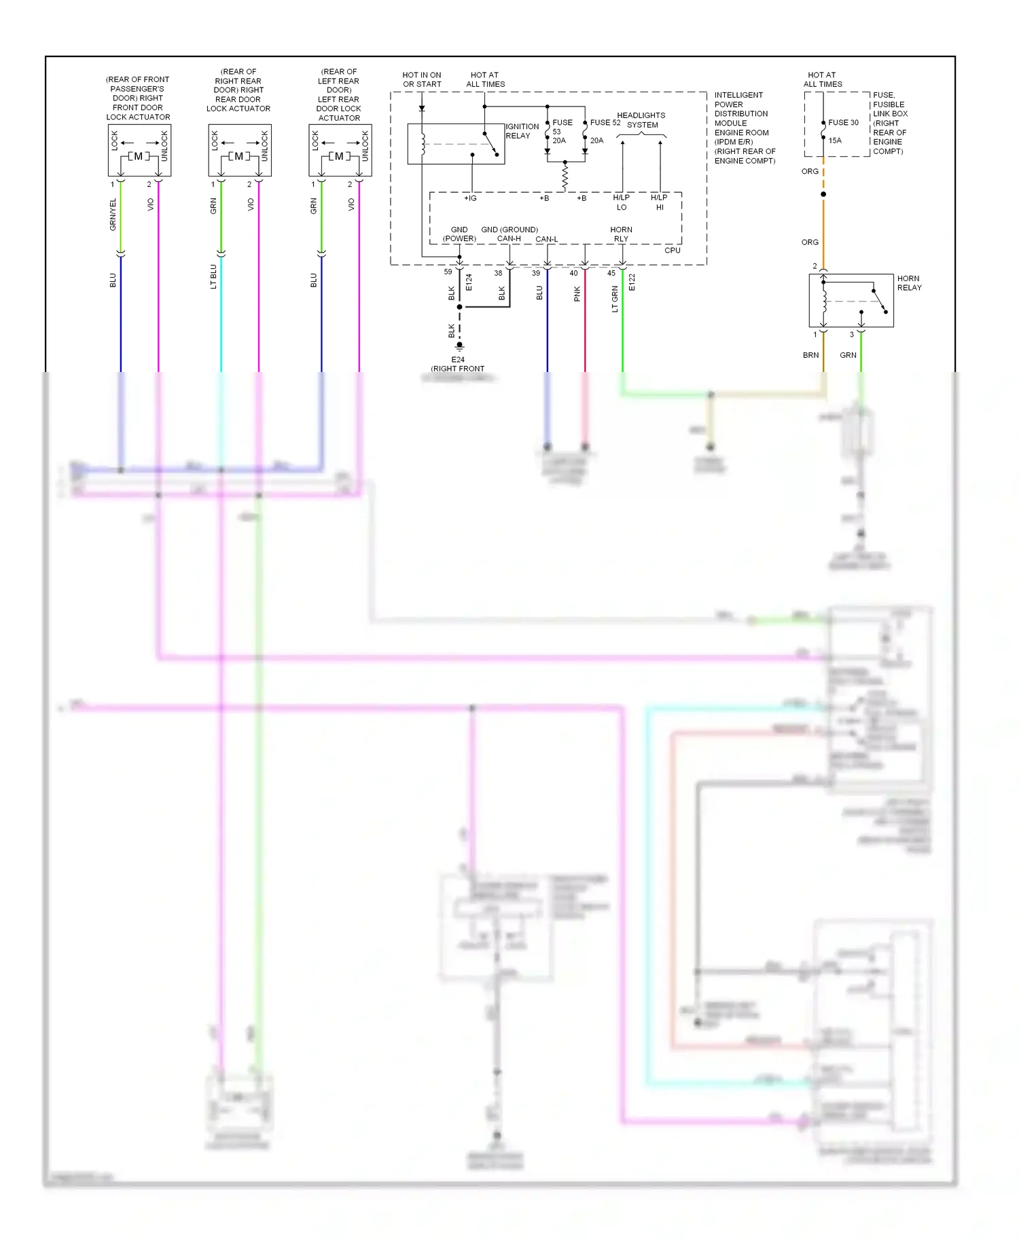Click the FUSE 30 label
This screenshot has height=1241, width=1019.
pos(843,123)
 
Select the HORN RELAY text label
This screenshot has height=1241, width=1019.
pos(909,283)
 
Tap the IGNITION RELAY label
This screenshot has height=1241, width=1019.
pos(522,131)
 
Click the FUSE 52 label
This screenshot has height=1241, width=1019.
pos(605,123)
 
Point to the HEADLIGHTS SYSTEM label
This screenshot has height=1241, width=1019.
pos(641,120)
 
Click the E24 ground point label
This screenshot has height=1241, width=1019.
pos(458,360)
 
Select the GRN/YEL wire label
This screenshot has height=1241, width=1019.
pos(113,215)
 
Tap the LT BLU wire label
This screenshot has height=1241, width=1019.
pos(213,276)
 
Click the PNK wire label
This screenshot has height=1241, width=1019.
pos(577,293)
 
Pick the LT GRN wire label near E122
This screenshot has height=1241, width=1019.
pos(615,299)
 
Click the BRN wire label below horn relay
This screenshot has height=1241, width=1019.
pos(810,355)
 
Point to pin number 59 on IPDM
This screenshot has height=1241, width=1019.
pos(448,272)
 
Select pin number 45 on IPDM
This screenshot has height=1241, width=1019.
pos(611,274)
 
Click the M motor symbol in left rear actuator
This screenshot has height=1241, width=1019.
pos(339,156)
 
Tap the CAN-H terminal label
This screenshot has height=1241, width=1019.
pos(509,239)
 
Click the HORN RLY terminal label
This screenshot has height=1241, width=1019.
pos(621,234)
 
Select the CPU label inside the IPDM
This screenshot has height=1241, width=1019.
pos(672,251)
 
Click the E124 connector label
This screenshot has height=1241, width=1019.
pos(469,283)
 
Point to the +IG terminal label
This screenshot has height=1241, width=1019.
pos(470,198)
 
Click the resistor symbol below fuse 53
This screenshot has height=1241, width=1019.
pos(565,178)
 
